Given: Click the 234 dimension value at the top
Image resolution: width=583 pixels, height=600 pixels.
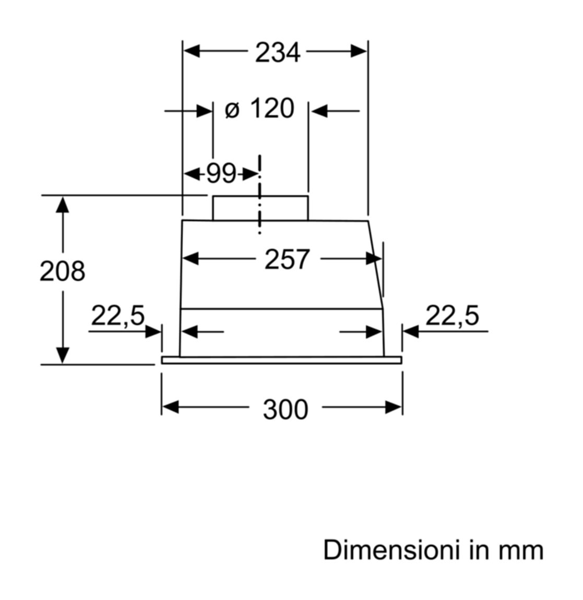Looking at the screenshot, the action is pyautogui.click(x=278, y=52).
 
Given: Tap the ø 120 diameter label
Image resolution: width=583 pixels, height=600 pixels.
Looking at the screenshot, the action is pyautogui.click(x=259, y=109).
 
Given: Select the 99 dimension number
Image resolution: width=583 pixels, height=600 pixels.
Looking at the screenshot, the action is pyautogui.click(x=221, y=174).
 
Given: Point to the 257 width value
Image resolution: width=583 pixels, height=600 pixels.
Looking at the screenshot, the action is pyautogui.click(x=287, y=259).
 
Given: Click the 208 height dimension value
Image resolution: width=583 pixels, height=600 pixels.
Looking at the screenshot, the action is pyautogui.click(x=63, y=271).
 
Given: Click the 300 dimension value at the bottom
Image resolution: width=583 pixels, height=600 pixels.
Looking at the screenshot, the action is pyautogui.click(x=285, y=410).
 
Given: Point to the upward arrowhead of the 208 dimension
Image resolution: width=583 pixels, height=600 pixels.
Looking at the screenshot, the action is pyautogui.click(x=63, y=205).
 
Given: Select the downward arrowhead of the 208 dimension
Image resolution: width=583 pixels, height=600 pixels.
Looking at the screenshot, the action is pyautogui.click(x=63, y=355).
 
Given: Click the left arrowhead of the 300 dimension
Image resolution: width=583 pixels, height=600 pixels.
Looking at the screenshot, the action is pyautogui.click(x=170, y=407).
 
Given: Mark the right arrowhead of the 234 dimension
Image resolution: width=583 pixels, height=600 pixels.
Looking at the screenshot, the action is pyautogui.click(x=359, y=51).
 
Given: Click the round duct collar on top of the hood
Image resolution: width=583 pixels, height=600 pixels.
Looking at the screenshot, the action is pyautogui.click(x=260, y=208).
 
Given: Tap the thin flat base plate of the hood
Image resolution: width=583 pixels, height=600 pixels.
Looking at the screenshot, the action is pyautogui.click(x=282, y=360).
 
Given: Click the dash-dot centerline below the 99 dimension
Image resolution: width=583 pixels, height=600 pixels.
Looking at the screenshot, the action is pyautogui.click(x=260, y=195).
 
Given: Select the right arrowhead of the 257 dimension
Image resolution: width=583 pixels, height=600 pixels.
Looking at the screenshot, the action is pyautogui.click(x=374, y=259).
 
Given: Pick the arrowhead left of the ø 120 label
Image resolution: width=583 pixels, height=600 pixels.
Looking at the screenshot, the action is pyautogui.click(x=204, y=111).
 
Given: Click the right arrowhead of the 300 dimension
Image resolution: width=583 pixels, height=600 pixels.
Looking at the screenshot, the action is pyautogui.click(x=394, y=407).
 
